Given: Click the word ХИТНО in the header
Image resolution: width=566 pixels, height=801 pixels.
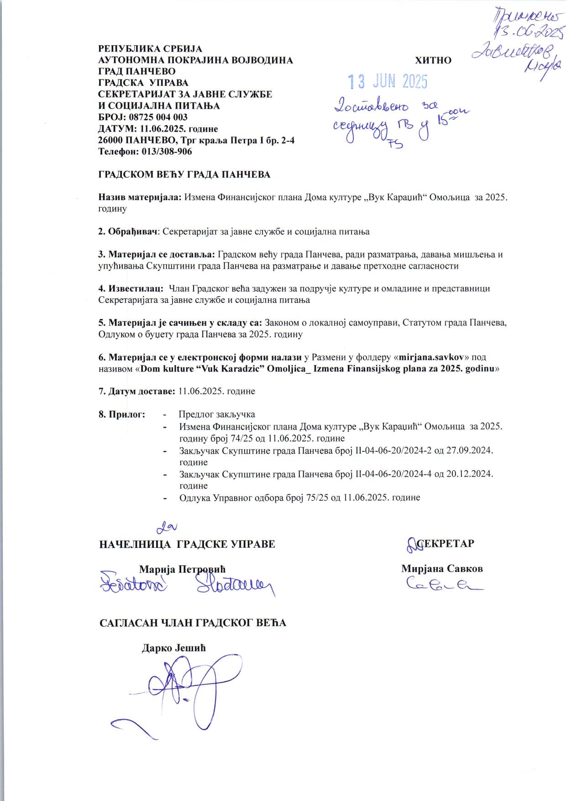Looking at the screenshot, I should pos(433,61).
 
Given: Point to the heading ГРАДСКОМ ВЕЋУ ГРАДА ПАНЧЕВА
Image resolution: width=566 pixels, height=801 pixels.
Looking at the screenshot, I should pos(184,175).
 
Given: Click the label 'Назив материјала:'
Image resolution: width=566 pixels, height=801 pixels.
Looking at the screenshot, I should pos(141,197).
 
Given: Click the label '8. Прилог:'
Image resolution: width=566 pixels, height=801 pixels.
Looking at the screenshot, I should pos(122,414).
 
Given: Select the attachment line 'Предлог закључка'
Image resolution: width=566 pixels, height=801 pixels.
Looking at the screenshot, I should pos(217,414).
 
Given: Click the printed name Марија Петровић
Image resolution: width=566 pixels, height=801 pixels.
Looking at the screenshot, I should pos(182,569).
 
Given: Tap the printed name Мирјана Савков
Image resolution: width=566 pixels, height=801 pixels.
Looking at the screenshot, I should pos(442,569).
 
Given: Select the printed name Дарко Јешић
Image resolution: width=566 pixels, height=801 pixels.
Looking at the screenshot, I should pos(174,648).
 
